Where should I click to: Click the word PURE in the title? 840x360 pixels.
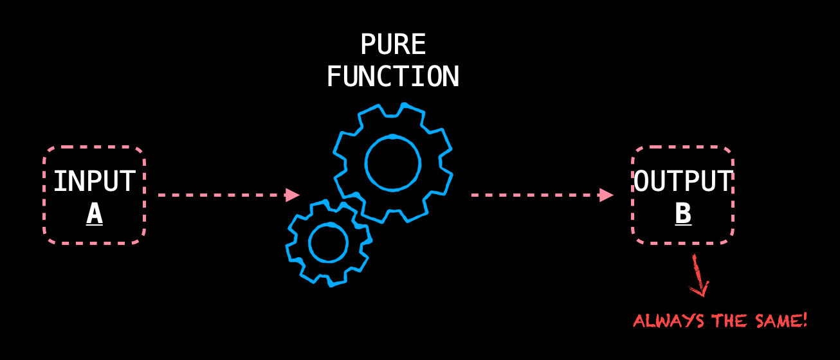click(x=392, y=45)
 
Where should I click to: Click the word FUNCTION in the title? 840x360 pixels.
click(x=392, y=77)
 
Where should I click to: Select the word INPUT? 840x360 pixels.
click(x=95, y=182)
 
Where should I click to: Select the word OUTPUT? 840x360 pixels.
click(x=683, y=182)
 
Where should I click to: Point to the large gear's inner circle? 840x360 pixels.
click(x=393, y=163)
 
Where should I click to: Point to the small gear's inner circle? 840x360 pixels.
click(x=328, y=242)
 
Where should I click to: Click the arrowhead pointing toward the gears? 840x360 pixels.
click(x=293, y=194)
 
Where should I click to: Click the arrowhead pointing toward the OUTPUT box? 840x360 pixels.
click(x=606, y=195)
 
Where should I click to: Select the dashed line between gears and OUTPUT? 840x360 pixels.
click(x=534, y=195)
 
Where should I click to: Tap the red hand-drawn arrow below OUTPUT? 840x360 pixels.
click(x=698, y=276)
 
